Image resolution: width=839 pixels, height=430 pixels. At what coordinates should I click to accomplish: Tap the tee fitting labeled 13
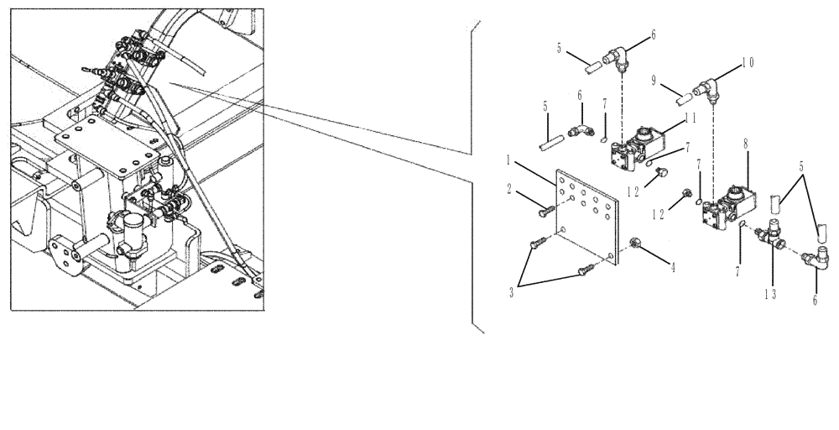772,233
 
